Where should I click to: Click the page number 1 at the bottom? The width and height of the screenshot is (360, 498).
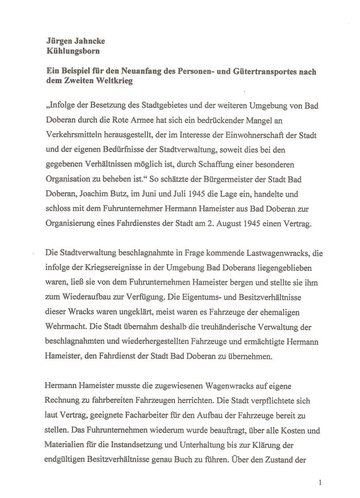(x=320, y=482)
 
